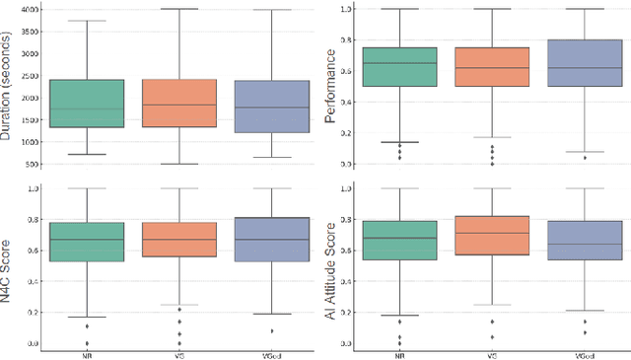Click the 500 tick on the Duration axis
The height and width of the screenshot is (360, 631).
click(31, 164)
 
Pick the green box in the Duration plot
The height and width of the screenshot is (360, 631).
click(87, 103)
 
